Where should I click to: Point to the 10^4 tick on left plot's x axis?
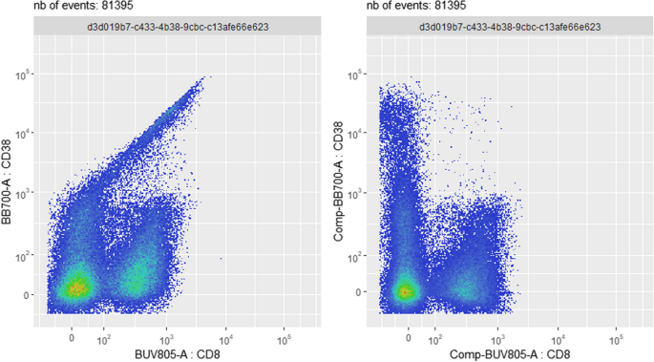pos(225,338)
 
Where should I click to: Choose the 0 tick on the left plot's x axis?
pos(72,338)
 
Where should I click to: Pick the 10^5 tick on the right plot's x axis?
pos(618,338)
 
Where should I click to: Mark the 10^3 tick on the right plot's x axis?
pos(498,338)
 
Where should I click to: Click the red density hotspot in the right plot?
pos(406,291)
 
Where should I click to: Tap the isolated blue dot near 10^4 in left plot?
pos(222,258)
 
